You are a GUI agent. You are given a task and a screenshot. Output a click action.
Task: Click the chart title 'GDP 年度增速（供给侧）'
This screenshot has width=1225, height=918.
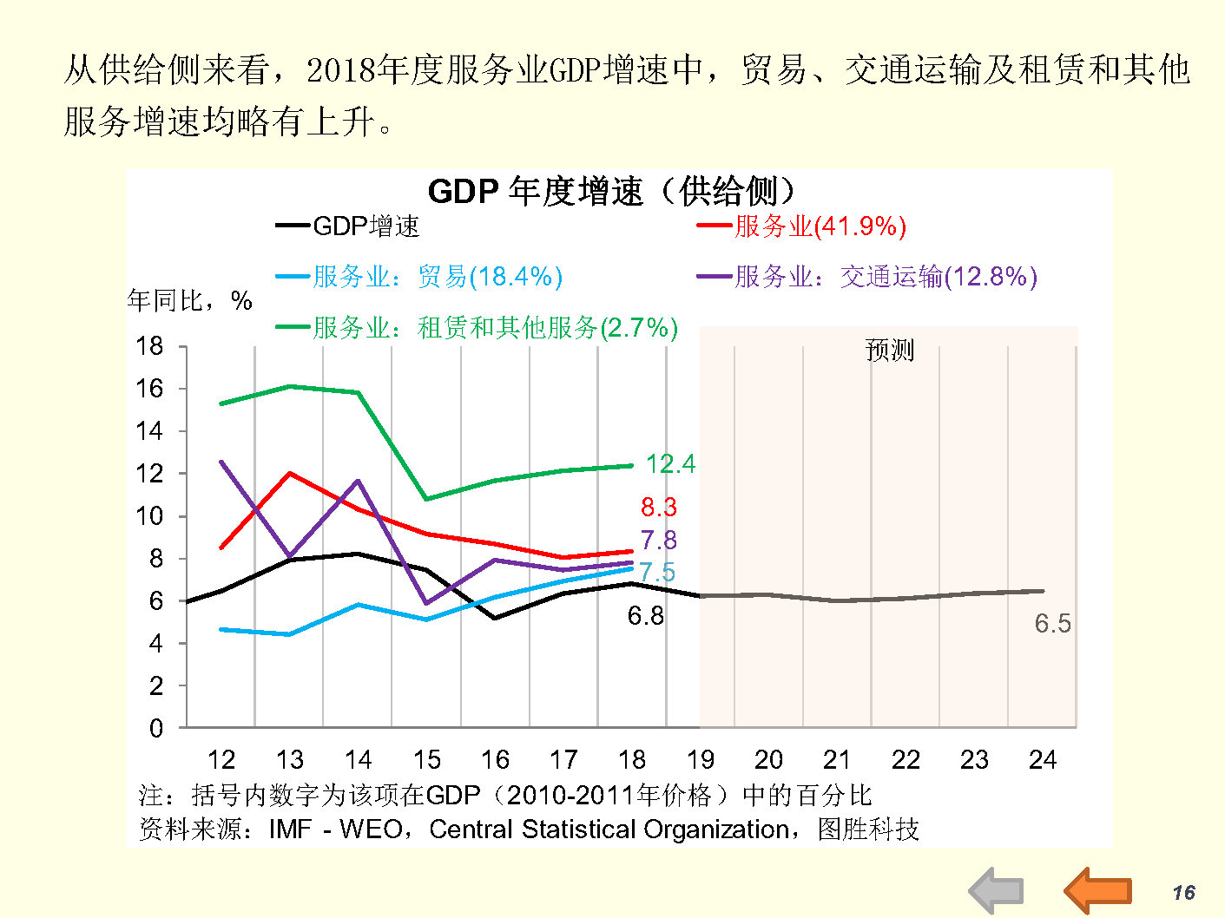(x=611, y=191)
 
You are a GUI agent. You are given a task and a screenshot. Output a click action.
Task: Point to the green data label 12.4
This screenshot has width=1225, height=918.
(x=670, y=464)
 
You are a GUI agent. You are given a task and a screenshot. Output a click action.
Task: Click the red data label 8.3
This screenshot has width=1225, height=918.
(x=659, y=507)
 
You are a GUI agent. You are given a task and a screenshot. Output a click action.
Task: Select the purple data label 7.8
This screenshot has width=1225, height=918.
(x=659, y=540)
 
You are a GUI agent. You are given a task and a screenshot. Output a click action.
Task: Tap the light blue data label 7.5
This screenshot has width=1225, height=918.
(x=657, y=572)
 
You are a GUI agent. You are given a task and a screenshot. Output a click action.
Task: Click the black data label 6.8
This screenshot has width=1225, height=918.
(x=645, y=616)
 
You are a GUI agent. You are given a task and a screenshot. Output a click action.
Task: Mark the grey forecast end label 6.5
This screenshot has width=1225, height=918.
(x=1052, y=623)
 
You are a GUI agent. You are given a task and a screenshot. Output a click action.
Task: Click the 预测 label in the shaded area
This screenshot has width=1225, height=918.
(x=890, y=351)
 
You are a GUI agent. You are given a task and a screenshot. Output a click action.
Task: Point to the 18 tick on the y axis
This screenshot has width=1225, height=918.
(x=149, y=346)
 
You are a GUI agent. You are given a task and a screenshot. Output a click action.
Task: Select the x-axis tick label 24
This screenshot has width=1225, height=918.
(x=1042, y=760)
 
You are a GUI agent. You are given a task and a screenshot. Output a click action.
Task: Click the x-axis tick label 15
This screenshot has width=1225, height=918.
(x=426, y=760)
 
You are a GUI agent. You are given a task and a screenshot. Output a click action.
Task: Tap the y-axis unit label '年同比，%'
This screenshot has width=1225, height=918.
(x=189, y=301)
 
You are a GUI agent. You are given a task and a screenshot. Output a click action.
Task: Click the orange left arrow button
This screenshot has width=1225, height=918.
(x=1097, y=890)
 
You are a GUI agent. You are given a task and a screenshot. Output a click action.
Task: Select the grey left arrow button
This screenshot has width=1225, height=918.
(x=996, y=891)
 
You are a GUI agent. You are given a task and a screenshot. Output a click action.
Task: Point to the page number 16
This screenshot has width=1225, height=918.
(x=1183, y=893)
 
